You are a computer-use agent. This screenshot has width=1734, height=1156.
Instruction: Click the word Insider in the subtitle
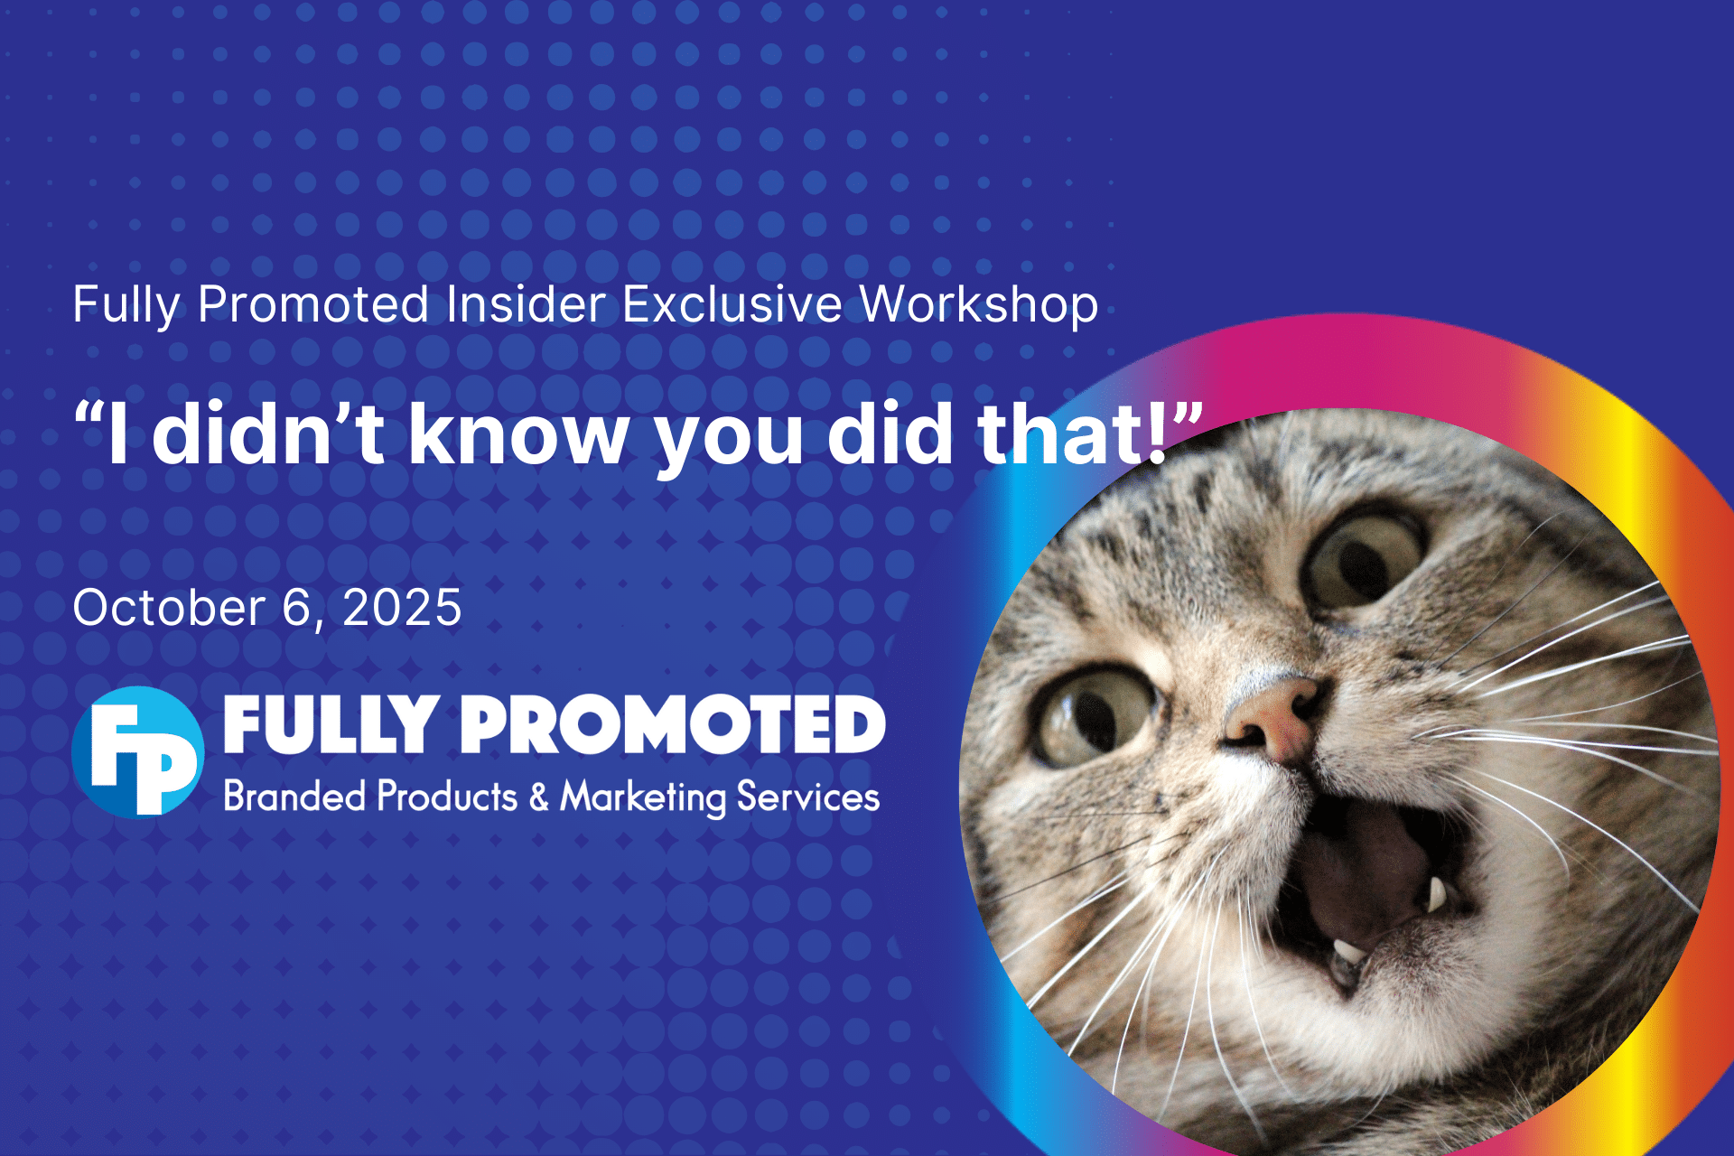tap(525, 303)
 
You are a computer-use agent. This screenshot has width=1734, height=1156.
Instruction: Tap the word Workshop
tap(979, 305)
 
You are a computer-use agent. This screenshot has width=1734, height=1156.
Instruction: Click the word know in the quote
tap(518, 433)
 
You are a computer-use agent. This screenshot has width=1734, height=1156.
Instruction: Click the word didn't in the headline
tap(268, 433)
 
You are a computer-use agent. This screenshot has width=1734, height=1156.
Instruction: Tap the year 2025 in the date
tap(402, 607)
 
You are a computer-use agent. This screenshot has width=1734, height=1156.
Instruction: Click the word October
tap(169, 607)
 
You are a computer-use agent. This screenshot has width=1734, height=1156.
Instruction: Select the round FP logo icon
tap(138, 751)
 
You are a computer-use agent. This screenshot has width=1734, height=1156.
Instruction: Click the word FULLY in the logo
tap(331, 724)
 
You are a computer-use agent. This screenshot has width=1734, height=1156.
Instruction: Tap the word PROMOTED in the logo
tap(674, 724)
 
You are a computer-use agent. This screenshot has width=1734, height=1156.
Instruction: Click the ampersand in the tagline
tap(539, 797)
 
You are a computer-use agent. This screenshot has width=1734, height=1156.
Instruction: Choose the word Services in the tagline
tap(808, 797)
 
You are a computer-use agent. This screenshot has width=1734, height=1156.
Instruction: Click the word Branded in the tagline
tap(294, 797)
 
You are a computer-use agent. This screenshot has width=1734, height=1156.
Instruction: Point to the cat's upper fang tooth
tap(1435, 893)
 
